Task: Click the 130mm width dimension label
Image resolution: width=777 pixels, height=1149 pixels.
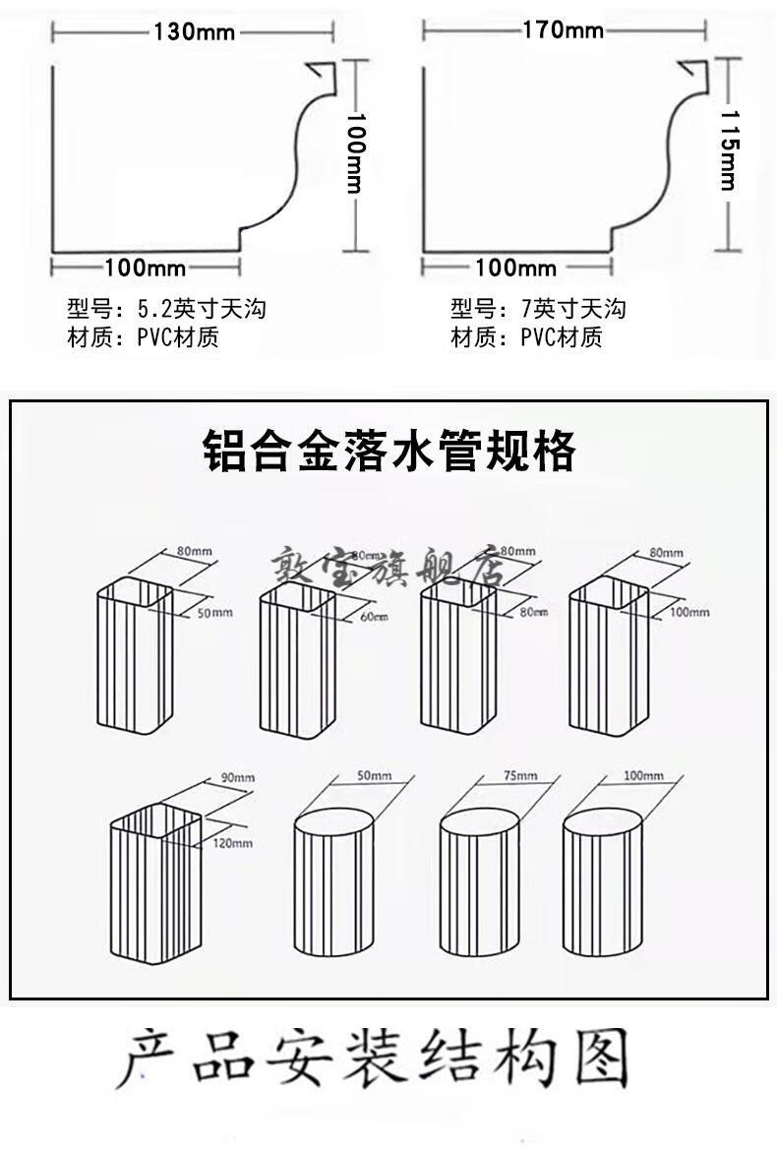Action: point(194,31)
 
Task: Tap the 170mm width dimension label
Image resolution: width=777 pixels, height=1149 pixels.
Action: point(563,30)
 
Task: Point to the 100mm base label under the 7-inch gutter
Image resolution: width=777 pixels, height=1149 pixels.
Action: point(515,268)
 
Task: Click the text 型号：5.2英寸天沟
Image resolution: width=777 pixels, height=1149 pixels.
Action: point(166,309)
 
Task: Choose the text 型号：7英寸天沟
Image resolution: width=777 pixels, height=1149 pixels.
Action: point(538,309)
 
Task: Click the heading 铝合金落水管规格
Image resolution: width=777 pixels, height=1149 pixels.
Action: point(388,453)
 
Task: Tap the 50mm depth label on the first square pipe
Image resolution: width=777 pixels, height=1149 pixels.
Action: point(215,613)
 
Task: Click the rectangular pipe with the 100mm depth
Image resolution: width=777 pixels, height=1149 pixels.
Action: point(609,659)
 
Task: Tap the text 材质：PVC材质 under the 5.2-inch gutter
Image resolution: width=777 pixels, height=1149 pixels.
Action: point(143,338)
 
